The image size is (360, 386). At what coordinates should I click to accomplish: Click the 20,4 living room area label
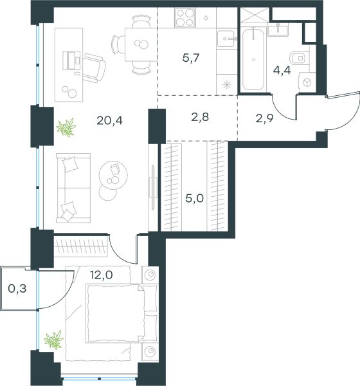coord(109,121)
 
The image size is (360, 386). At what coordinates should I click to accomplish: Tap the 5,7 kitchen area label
coord(191,58)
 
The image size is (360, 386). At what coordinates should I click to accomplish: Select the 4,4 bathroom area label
coord(282,70)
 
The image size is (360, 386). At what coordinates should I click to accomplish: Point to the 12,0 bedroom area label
coord(102,275)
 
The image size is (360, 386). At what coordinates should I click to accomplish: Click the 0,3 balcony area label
coord(17,288)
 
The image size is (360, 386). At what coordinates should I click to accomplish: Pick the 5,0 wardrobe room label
coord(194,198)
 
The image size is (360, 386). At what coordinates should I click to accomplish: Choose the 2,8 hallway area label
coord(200,117)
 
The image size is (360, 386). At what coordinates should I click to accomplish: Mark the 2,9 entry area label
coord(265,118)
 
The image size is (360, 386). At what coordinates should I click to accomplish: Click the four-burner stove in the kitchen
coord(185,17)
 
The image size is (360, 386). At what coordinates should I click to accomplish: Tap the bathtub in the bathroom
coord(253,59)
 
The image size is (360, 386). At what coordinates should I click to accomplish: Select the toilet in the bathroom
coord(300,58)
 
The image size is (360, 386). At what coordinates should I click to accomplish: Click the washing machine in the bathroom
coord(307,82)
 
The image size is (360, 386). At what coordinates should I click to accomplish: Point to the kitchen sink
coord(226,39)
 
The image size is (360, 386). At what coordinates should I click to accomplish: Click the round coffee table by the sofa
coord(113,175)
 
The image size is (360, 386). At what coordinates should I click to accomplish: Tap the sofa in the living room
coord(73,188)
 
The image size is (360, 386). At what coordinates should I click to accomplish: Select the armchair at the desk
coord(94,68)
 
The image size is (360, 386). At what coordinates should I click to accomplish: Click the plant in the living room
coord(66,127)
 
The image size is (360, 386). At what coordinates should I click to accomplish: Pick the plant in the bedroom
coord(53,340)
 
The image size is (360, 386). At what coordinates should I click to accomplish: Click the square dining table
coord(141,44)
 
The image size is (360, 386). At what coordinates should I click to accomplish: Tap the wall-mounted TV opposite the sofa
coord(153,188)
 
